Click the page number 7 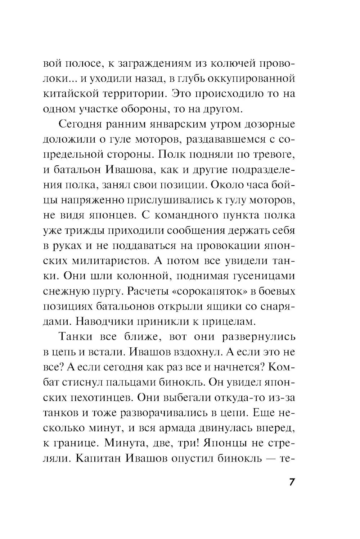tap(292, 482)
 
